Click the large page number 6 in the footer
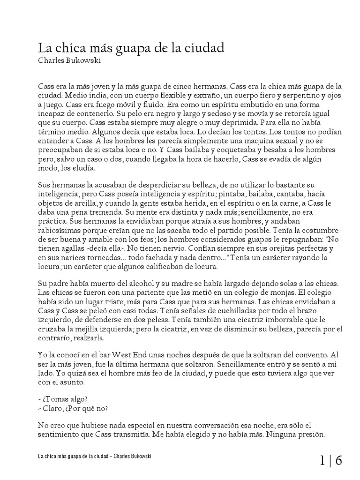click(338, 461)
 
